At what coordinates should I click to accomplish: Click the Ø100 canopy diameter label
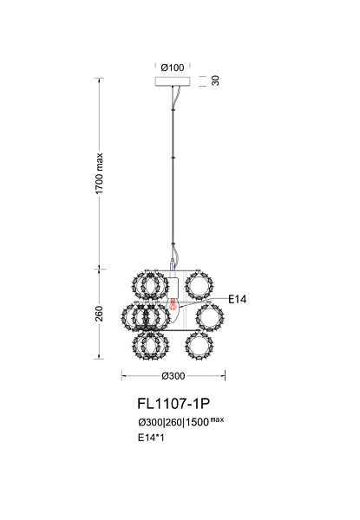click(x=173, y=68)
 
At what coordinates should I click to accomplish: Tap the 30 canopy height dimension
click(x=215, y=81)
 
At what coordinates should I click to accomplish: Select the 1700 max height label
click(x=99, y=173)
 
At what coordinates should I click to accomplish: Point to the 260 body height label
click(x=99, y=314)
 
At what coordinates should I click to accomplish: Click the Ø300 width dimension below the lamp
click(x=173, y=376)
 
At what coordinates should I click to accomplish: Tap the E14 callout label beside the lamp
click(x=238, y=300)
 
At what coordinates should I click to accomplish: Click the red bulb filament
click(x=173, y=304)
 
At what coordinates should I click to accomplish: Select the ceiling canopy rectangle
click(x=173, y=81)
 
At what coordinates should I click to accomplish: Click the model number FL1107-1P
click(x=173, y=404)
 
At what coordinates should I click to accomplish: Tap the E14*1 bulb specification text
click(x=151, y=438)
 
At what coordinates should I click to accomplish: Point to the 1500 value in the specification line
click(x=197, y=423)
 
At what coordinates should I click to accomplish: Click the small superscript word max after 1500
click(x=218, y=419)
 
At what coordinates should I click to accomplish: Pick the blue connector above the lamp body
click(x=173, y=264)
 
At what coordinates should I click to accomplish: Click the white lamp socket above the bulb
click(x=173, y=288)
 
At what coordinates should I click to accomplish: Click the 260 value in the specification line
click(x=173, y=423)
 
